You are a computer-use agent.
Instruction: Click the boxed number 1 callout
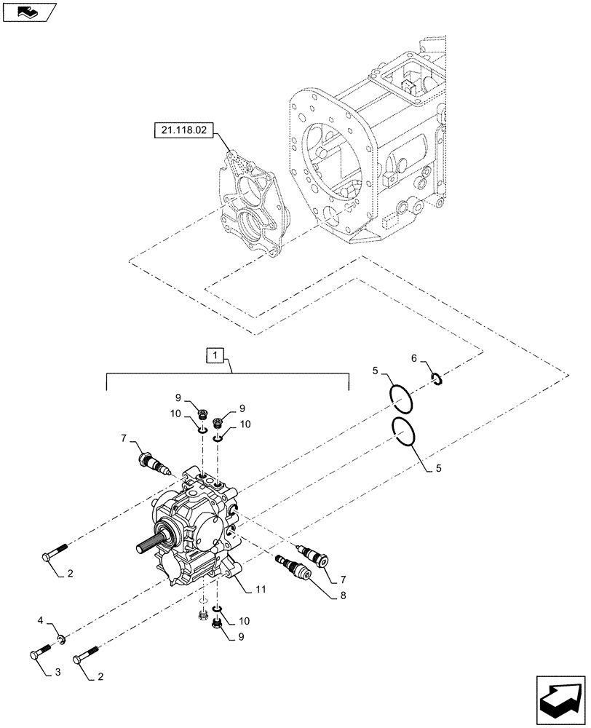[216, 356]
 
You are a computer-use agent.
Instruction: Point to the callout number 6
[413, 358]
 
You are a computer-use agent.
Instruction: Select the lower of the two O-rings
[403, 431]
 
